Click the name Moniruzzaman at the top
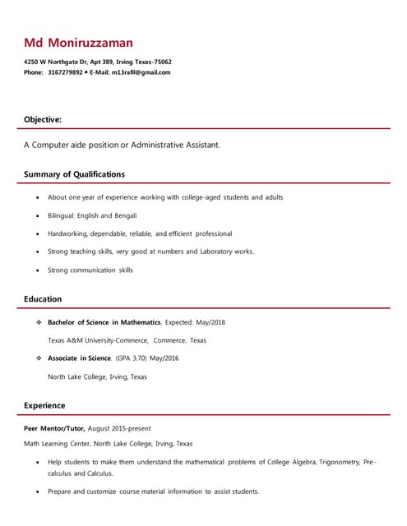coord(90,43)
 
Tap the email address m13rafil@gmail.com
coord(141,72)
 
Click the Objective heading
coord(42,120)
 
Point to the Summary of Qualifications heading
coord(74,174)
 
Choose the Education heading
coord(43,299)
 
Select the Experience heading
coord(44,405)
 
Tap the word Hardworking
coord(67,233)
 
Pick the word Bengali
coord(125,215)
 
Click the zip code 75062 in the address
coord(162,62)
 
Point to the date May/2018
coord(208,322)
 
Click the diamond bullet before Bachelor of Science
coord(39,322)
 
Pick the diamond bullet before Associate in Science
coord(39,358)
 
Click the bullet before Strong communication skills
coord(38,270)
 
